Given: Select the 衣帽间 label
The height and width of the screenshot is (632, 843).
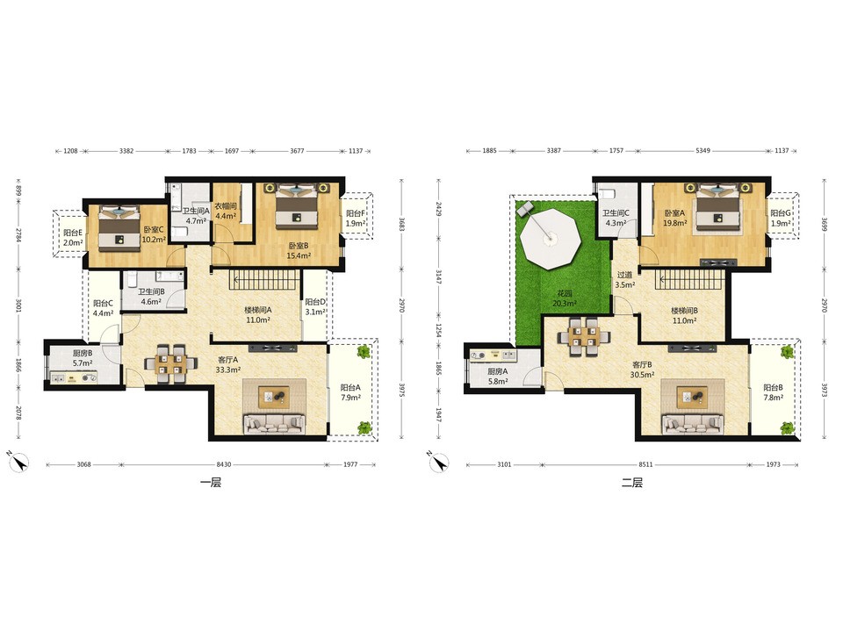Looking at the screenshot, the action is click(226, 206).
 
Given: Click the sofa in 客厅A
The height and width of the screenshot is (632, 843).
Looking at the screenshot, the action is click(274, 423).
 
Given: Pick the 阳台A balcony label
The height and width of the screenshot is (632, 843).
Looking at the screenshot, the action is click(350, 387).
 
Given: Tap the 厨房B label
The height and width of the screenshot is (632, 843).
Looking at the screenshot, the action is click(83, 354).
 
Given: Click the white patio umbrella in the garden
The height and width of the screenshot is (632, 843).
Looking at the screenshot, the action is click(550, 238).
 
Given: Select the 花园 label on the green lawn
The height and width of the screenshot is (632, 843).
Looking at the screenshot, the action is click(565, 293).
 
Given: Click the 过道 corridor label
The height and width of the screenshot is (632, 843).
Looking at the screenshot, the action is click(624, 275).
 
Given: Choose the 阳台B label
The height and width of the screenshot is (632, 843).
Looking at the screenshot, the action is click(773, 387).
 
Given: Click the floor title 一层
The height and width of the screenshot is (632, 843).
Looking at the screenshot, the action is click(211, 483).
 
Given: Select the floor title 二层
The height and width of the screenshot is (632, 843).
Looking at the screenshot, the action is click(632, 483).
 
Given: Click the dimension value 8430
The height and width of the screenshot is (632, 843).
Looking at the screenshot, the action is click(224, 464).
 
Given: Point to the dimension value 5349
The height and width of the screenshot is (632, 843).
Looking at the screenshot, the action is click(702, 150).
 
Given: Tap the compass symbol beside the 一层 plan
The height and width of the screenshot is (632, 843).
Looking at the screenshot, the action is click(18, 462).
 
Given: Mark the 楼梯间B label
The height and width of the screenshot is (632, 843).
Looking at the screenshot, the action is click(684, 311).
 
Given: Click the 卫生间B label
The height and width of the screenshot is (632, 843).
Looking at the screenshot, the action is click(151, 291).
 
